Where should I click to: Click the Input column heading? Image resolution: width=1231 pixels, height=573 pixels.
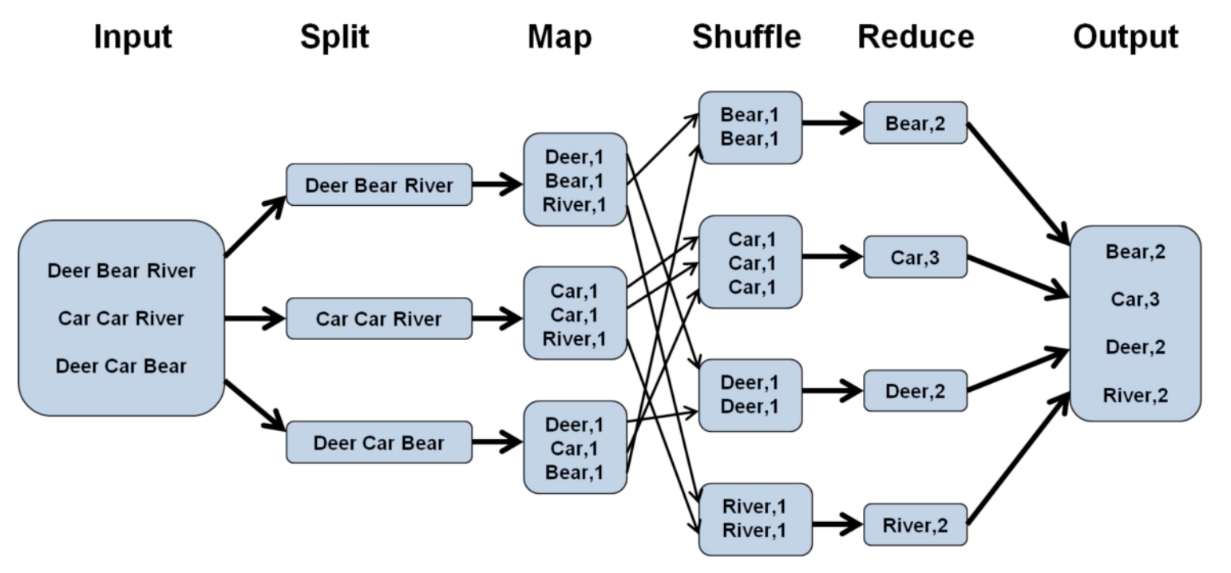tap(133, 37)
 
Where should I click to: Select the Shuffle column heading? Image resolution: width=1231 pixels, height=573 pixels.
tap(746, 37)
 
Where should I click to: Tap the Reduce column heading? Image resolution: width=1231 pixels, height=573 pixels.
tap(915, 37)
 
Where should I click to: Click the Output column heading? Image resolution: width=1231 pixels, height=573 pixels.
tap(1125, 37)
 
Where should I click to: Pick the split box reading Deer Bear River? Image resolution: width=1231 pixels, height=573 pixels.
tap(378, 185)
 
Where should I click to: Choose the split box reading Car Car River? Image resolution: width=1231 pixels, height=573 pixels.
tap(378, 318)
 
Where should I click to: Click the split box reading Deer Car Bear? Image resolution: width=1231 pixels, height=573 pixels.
tap(378, 442)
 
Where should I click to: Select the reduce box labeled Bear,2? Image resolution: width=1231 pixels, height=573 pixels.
tap(915, 123)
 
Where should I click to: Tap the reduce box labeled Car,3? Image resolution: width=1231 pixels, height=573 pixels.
tap(915, 257)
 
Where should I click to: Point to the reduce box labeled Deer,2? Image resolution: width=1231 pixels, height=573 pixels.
tap(915, 391)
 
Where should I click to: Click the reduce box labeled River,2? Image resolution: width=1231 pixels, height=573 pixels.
tap(915, 525)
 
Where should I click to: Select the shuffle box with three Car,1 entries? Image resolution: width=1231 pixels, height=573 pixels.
tap(750, 262)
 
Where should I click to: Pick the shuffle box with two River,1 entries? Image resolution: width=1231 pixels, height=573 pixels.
tap(754, 519)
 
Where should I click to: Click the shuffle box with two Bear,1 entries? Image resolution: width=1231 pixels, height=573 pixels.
tap(750, 128)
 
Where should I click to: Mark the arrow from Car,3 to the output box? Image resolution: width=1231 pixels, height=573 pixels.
tap(1018, 276)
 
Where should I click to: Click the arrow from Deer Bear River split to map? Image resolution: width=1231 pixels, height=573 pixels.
tap(497, 185)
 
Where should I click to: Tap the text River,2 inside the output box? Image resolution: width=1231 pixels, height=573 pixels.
tap(1135, 395)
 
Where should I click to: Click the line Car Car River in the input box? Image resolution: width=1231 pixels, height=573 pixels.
tap(121, 318)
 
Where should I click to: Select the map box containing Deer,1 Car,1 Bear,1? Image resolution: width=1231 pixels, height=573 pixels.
tap(575, 447)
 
